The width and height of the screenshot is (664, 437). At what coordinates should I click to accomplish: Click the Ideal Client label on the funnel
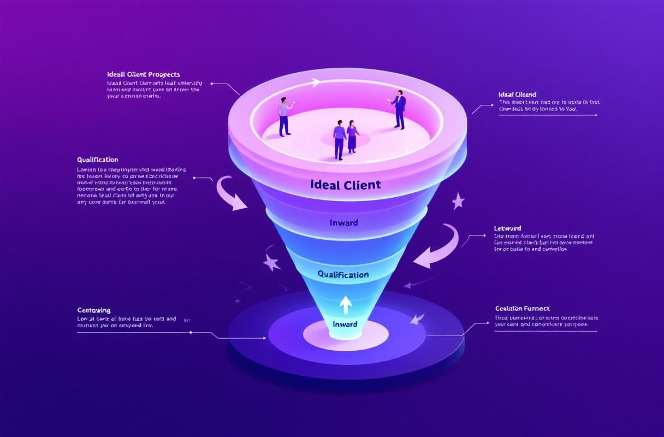pos(345,185)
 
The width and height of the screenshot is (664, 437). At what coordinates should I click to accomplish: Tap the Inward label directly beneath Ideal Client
pos(344,223)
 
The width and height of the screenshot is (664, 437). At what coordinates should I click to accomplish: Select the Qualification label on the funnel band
pos(343,274)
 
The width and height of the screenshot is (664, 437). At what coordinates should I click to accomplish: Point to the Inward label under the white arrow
pos(345,324)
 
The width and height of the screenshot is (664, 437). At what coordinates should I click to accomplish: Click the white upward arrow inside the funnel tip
pos(346,304)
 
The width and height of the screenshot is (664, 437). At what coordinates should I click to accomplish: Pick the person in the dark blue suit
pos(399,109)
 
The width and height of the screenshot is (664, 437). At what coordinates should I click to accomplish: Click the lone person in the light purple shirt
pos(284,116)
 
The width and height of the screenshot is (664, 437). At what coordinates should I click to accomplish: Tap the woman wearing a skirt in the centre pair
pos(352,136)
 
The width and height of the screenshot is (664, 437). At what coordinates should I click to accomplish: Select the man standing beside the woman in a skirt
pos(339,139)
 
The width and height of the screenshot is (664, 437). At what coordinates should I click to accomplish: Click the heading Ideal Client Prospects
pos(144,74)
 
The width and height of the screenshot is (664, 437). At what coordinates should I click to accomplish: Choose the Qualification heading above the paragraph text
pos(98,160)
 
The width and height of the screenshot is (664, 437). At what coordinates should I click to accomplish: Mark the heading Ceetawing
pos(94,310)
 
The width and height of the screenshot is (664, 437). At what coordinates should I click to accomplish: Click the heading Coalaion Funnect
pos(522,309)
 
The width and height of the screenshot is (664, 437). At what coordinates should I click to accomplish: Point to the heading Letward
pos(508,228)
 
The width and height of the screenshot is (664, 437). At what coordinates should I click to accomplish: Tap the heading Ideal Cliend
pos(518,95)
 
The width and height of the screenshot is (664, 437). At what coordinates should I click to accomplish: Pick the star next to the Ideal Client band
pos(458,202)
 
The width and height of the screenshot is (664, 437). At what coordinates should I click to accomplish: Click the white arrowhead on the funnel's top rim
pos(316,82)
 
